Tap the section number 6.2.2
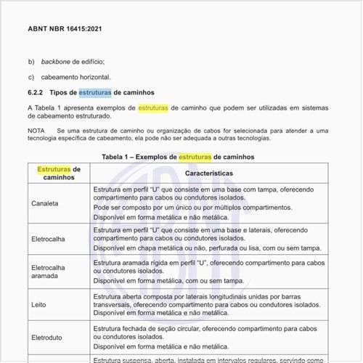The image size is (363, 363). pyautogui.click(x=36, y=93)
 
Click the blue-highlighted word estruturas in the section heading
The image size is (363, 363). pyautogui.click(x=94, y=93)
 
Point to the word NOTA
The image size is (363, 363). pyautogui.click(x=36, y=130)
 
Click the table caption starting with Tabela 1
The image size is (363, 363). pyautogui.click(x=177, y=156)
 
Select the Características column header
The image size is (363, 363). pyautogui.click(x=209, y=174)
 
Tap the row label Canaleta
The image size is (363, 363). pyautogui.click(x=45, y=203)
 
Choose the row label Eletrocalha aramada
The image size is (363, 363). pyautogui.click(x=48, y=272)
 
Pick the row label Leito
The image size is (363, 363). pyautogui.click(x=39, y=306)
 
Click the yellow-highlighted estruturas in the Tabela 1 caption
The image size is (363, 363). pyautogui.click(x=195, y=156)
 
